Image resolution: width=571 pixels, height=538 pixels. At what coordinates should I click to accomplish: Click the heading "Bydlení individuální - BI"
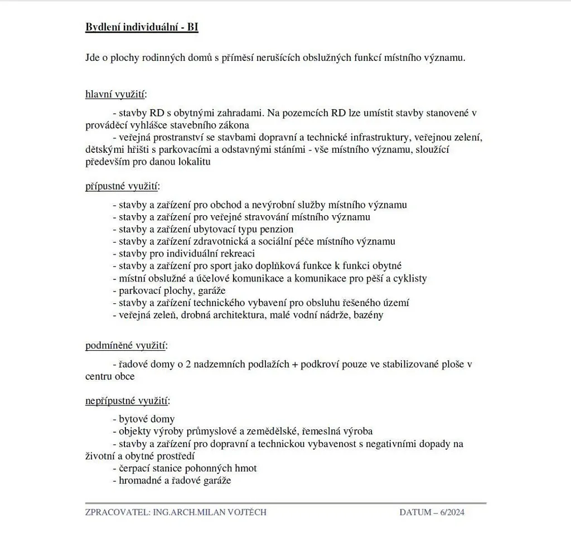[142, 27]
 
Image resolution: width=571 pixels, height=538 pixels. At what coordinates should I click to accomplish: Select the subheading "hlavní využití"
[116, 93]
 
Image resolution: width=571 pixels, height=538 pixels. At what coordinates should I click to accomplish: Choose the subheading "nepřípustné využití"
[128, 400]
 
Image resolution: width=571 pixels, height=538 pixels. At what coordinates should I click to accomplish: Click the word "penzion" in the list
[277, 229]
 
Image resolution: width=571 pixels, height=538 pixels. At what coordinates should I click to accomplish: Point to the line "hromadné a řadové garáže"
[172, 481]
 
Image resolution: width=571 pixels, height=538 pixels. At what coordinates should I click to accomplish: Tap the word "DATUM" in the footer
[415, 512]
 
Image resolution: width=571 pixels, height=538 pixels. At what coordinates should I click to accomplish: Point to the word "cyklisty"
[410, 278]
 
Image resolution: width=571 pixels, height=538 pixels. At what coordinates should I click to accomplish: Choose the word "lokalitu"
[193, 162]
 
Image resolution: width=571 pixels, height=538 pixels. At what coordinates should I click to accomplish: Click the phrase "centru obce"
[110, 376]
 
